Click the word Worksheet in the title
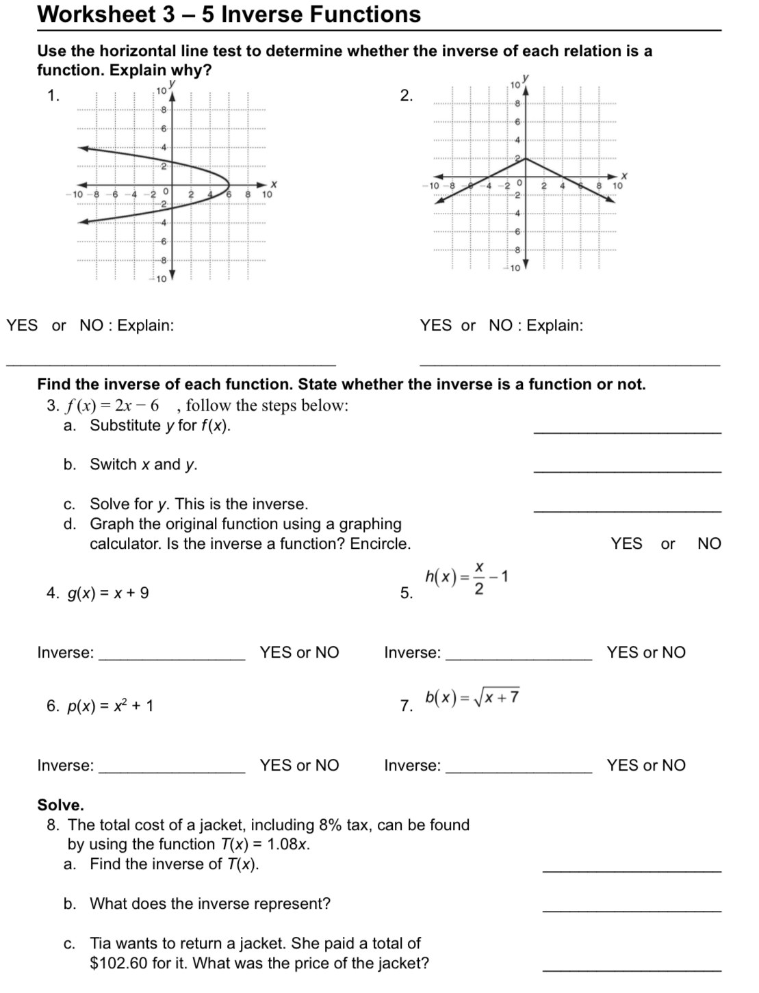pos(96,14)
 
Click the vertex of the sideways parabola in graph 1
pos(229,184)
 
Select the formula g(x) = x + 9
pos(107,593)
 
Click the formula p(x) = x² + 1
pos(110,706)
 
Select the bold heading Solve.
pos(60,805)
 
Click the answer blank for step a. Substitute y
pos(626,430)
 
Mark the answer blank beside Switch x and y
pos(626,469)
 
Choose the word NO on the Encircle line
pos(709,544)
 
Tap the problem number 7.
pos(406,706)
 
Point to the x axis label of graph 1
pos(273,184)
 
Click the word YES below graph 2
pos(436,326)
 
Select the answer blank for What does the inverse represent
pos(631,909)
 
